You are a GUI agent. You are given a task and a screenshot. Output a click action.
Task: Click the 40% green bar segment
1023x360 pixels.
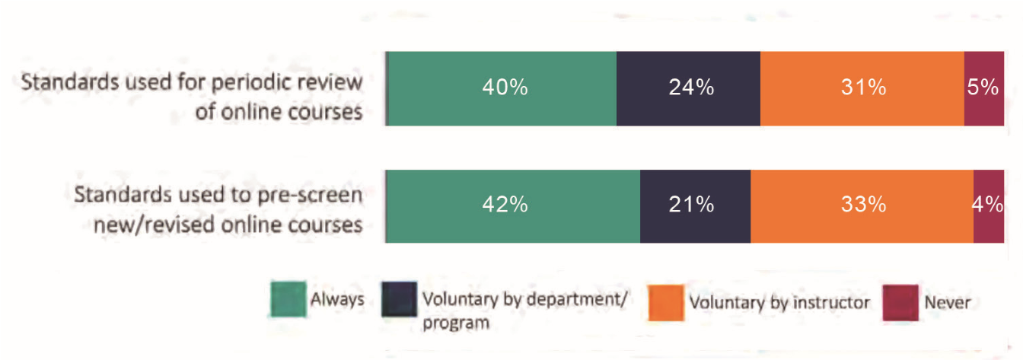click(502, 88)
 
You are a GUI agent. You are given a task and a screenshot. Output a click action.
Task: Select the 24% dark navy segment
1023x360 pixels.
click(688, 88)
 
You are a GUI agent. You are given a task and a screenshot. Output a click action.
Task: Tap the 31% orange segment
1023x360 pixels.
click(862, 88)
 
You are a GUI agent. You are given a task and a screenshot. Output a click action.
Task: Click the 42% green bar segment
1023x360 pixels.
click(513, 205)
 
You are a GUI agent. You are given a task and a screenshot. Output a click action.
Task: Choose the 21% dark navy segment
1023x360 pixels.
click(695, 205)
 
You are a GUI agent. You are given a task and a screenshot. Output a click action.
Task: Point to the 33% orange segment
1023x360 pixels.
click(862, 205)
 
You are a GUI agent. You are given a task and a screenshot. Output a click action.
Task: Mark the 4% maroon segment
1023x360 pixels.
click(988, 205)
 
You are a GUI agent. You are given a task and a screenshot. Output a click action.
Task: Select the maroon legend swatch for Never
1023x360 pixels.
click(898, 302)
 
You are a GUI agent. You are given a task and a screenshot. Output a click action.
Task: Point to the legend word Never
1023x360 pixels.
click(947, 302)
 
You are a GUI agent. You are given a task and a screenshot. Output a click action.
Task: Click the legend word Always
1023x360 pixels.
click(336, 299)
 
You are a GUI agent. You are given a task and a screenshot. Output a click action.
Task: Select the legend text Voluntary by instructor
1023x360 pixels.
click(779, 302)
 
